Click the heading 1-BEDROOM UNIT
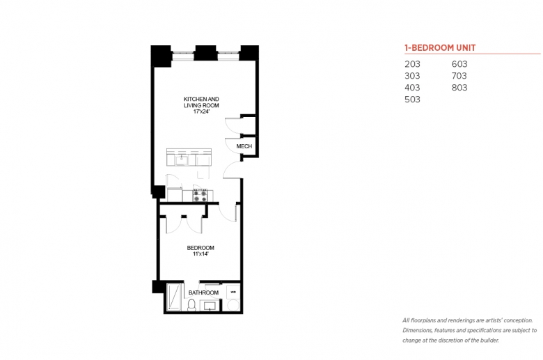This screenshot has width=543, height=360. tap(440, 48)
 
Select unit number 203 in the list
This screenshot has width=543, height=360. tap(412, 64)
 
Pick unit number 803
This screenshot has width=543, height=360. tap(459, 88)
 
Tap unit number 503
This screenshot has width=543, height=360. tap(412, 100)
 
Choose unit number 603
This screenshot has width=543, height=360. tap(459, 64)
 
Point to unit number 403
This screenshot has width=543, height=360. tap(412, 88)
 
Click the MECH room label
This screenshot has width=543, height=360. tap(244, 146)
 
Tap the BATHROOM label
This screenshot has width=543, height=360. tap(203, 292)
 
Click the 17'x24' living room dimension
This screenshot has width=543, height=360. tap(201, 111)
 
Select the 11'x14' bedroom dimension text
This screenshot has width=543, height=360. tap(200, 254)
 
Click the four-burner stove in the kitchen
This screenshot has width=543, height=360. tap(200, 196)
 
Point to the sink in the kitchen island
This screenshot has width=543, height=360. tap(181, 160)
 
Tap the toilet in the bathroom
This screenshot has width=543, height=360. tap(191, 305)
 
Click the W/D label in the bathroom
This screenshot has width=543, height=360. tap(233, 292)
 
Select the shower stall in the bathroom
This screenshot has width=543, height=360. tap(174, 297)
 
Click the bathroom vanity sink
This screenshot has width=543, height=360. tap(210, 306)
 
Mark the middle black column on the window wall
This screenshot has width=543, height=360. tap(205, 53)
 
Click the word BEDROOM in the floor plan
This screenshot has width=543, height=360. tap(200, 248)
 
